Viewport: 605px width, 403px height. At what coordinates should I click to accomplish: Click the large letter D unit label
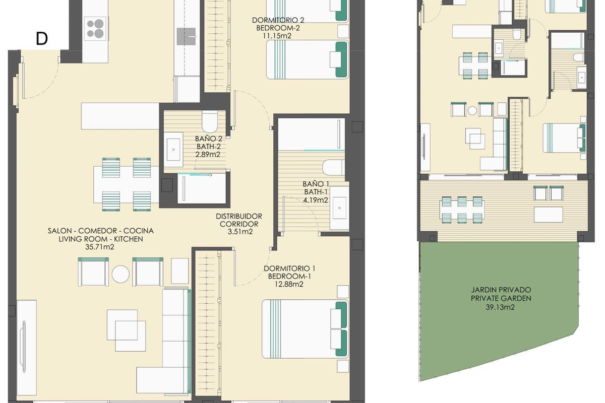pyautogui.click(x=42, y=39)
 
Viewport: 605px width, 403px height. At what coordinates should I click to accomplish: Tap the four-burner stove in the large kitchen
pyautogui.click(x=95, y=28)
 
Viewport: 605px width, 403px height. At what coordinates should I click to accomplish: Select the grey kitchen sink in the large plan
pyautogui.click(x=187, y=36)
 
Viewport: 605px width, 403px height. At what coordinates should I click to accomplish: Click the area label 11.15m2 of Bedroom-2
pyautogui.click(x=277, y=36)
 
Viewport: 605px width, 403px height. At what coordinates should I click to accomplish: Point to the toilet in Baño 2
pyautogui.click(x=210, y=121)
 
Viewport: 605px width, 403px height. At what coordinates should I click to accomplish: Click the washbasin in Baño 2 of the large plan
pyautogui.click(x=173, y=149)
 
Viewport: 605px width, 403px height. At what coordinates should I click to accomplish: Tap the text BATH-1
pyautogui.click(x=316, y=192)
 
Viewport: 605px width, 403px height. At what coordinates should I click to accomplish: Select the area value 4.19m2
pyautogui.click(x=316, y=200)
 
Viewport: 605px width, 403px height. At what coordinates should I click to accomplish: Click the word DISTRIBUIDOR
pyautogui.click(x=239, y=216)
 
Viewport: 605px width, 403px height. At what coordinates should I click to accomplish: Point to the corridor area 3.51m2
pyautogui.click(x=240, y=232)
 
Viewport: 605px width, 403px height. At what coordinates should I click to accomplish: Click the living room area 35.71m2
pyautogui.click(x=100, y=247)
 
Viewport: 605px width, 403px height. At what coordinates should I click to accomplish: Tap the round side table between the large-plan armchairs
pyautogui.click(x=120, y=274)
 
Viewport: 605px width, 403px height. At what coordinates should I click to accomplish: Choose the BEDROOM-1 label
pyautogui.click(x=289, y=276)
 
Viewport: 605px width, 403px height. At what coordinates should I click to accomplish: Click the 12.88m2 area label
pyautogui.click(x=289, y=284)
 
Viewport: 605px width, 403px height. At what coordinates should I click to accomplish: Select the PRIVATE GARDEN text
pyautogui.click(x=501, y=298)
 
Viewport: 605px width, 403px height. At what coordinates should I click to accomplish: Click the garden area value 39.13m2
pyautogui.click(x=500, y=307)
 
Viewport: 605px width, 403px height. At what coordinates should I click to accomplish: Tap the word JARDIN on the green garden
pyautogui.click(x=484, y=290)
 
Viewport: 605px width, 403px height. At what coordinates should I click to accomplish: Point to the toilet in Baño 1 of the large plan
pyautogui.click(x=334, y=168)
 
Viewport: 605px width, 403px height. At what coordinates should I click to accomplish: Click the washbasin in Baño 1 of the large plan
pyautogui.click(x=339, y=208)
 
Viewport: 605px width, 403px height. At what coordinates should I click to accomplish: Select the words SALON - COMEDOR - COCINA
pyautogui.click(x=101, y=231)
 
